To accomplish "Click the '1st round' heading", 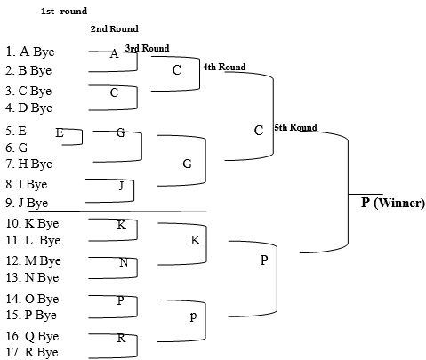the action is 64,12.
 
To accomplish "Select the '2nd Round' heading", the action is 115,28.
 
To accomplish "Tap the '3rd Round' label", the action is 148,48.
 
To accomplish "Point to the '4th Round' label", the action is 224,67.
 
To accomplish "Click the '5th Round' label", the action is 295,127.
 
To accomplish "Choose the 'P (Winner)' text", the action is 393,203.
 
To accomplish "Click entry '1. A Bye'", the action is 30,52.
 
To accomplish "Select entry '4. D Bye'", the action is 28,108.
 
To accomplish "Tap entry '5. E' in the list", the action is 16,131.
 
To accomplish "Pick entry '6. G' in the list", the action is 17,148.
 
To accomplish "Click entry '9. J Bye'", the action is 27,203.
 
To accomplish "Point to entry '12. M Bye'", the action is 34,260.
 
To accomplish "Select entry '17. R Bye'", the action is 32,352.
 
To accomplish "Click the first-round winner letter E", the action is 60,132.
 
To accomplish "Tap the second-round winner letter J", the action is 121,186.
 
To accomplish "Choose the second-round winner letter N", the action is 124,262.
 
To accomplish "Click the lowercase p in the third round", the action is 193,316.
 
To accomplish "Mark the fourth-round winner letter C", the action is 259,131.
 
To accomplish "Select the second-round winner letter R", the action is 121,338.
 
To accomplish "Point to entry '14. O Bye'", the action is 32,299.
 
